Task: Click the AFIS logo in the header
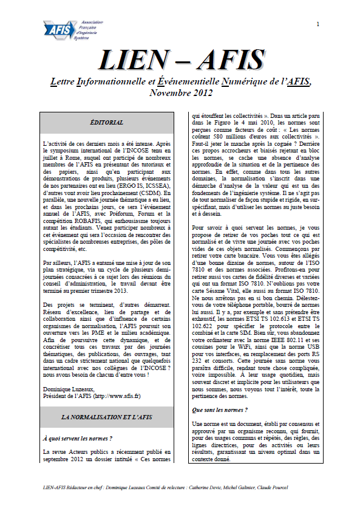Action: pos(64,29)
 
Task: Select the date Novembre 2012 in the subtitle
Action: pos(180,93)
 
